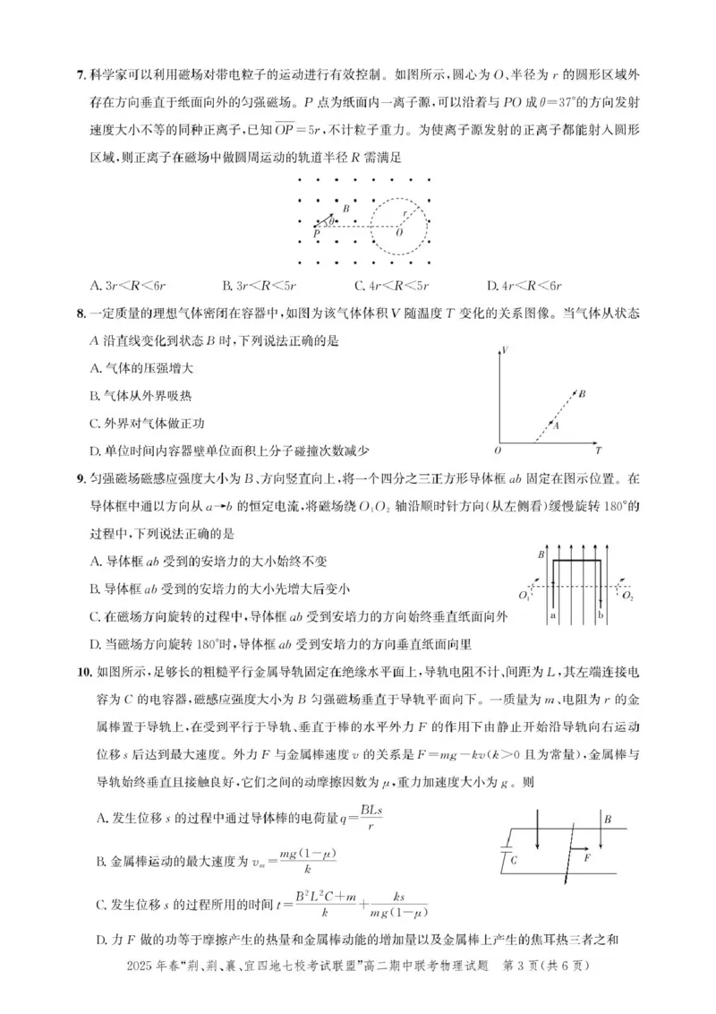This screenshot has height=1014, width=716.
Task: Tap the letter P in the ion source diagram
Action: point(315,234)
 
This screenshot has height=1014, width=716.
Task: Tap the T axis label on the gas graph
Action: point(598,450)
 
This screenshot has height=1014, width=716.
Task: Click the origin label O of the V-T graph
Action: point(498,450)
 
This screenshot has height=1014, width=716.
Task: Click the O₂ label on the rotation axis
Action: point(627,595)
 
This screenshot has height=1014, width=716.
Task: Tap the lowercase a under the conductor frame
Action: point(553,617)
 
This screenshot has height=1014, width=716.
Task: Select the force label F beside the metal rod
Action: point(588,857)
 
